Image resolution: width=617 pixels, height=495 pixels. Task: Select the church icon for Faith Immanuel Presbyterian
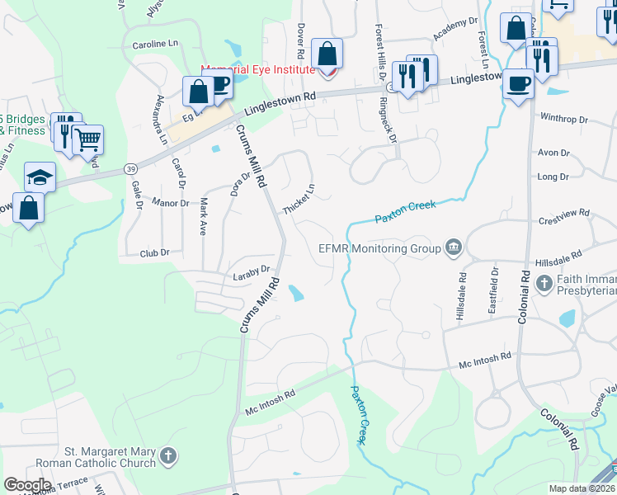coord(544,285)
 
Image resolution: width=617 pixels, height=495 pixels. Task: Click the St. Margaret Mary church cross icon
coord(167,456)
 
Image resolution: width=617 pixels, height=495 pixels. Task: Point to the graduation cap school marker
coord(40,177)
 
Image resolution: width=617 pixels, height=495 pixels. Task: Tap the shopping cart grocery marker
coord(87,141)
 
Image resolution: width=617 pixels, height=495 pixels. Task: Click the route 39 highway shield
coord(131,168)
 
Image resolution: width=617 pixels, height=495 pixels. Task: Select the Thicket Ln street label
coord(299,200)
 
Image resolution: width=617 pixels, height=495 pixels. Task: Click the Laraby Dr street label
coord(252,270)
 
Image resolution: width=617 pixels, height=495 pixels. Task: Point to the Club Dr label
coord(154,253)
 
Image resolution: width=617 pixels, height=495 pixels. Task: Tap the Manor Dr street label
coord(172,203)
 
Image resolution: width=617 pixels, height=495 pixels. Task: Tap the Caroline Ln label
coord(155,42)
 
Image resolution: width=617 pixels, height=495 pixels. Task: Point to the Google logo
coord(26,485)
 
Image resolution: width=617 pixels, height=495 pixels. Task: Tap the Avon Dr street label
coord(553,153)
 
